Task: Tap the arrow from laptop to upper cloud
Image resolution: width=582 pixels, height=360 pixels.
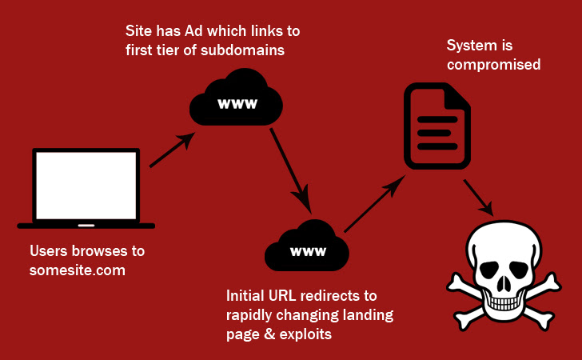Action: pyautogui.click(x=172, y=150)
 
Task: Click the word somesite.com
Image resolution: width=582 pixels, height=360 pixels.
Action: pyautogui.click(x=78, y=270)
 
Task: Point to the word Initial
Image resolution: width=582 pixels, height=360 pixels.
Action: pyautogui.click(x=249, y=295)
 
